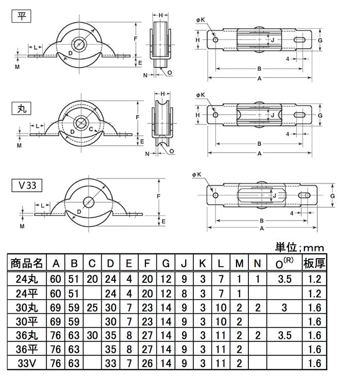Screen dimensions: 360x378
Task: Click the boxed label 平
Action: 22,16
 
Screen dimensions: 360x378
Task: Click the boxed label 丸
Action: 22,109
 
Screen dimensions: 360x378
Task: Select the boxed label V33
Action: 27,185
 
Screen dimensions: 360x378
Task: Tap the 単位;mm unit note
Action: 299,247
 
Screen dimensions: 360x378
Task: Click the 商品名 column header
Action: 27,263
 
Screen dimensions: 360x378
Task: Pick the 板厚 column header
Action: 314,263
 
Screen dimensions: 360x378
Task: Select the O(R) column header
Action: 284,263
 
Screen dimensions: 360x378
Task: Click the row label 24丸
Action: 27,279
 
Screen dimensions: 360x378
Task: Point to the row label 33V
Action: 27,363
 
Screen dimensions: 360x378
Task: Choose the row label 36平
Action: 27,349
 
